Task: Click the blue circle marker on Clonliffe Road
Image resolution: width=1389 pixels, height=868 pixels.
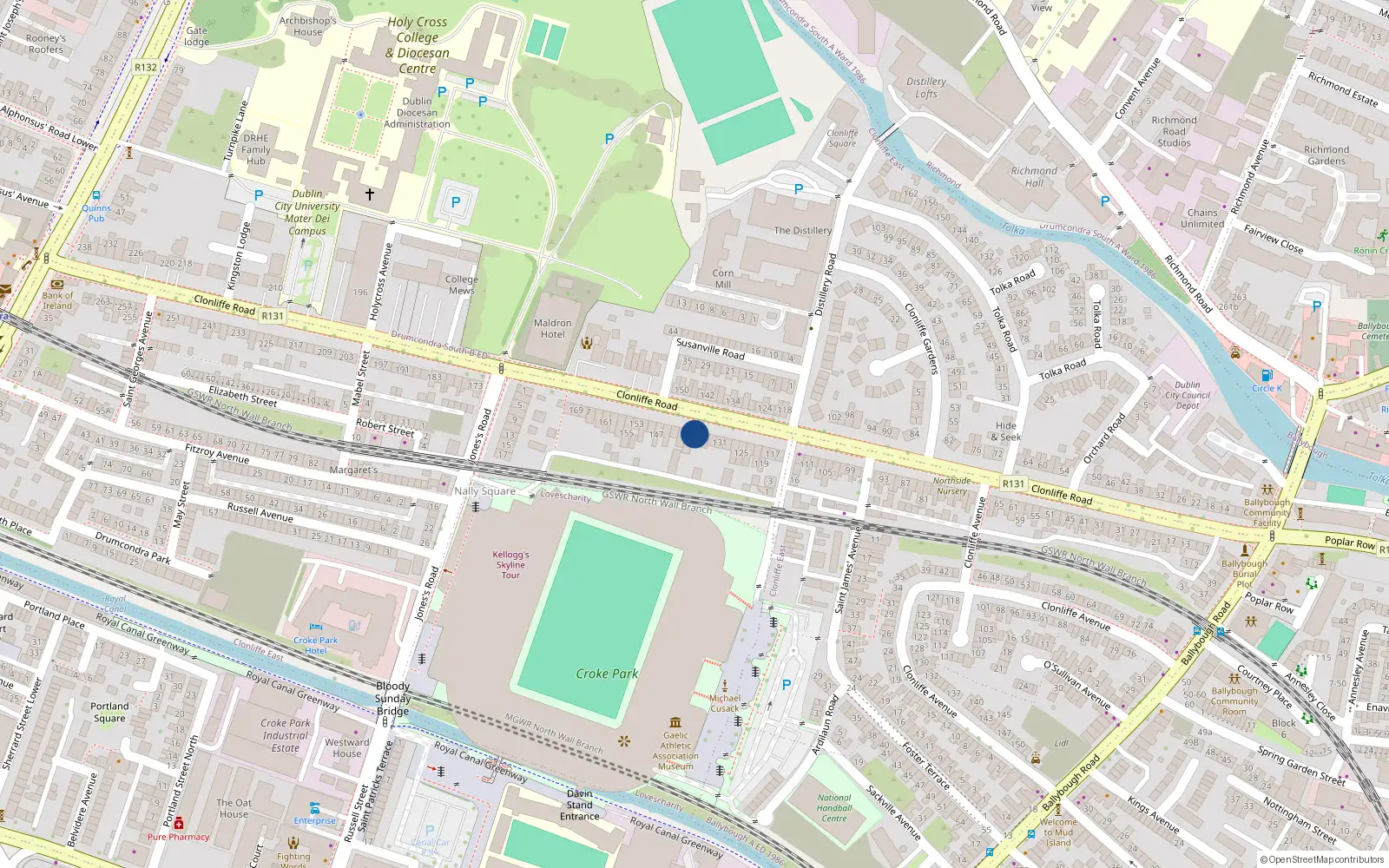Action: click(694, 434)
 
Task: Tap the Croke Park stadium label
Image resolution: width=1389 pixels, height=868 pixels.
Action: click(607, 674)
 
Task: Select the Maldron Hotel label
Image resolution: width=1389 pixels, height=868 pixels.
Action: click(553, 329)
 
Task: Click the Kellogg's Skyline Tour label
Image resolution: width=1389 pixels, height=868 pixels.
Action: click(510, 565)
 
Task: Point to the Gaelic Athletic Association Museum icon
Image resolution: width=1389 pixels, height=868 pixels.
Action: click(675, 722)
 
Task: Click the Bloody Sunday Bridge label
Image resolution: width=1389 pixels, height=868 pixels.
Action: click(393, 699)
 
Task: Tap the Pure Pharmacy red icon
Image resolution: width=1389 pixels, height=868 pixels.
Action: click(179, 823)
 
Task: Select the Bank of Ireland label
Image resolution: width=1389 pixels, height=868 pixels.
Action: click(57, 300)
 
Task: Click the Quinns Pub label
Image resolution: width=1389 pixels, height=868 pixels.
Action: click(96, 213)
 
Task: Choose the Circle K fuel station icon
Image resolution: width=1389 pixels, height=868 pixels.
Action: click(1267, 376)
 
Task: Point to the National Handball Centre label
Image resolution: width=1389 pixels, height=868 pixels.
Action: click(834, 808)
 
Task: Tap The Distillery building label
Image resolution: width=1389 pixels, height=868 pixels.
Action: click(802, 231)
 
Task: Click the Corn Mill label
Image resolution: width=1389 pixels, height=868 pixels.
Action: click(723, 279)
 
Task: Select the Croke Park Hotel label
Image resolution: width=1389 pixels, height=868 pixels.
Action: click(316, 645)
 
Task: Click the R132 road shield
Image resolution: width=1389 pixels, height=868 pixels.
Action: click(146, 67)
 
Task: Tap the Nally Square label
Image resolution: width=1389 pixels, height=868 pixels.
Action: click(484, 491)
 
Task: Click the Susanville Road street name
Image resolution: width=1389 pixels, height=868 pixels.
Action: click(710, 349)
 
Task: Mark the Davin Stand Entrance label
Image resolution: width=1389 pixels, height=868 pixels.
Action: click(580, 805)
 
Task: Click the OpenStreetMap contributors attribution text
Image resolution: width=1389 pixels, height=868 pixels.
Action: click(1326, 860)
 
